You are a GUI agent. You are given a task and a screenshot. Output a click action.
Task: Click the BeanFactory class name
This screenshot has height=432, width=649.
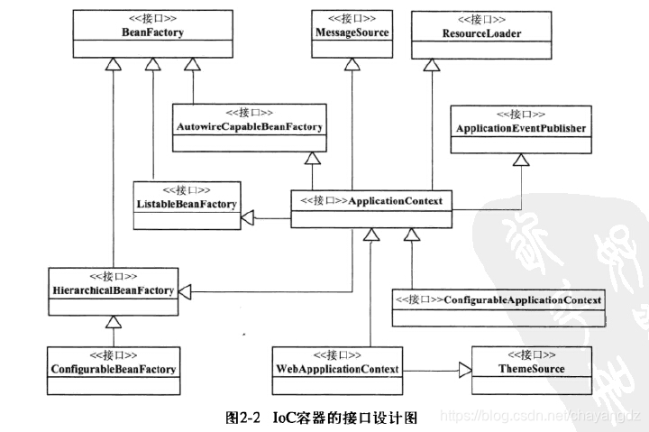click(x=152, y=32)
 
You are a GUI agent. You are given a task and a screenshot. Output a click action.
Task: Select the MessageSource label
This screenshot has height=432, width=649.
click(x=352, y=32)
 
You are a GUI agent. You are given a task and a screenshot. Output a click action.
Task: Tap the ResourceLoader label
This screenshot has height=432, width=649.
click(x=481, y=33)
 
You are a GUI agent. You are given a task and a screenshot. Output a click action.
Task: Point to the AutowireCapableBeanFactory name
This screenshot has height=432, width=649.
click(x=249, y=126)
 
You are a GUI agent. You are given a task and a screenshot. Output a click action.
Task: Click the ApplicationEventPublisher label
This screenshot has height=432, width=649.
click(x=521, y=128)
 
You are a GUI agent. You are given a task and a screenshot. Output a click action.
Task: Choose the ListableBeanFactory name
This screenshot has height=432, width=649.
click(x=187, y=204)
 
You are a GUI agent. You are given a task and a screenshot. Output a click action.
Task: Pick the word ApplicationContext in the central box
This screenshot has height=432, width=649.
click(x=396, y=201)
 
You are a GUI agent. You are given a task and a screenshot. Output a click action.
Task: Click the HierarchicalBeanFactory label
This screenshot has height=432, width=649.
click(x=114, y=290)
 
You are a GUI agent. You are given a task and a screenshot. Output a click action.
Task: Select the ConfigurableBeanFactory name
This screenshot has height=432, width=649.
click(x=114, y=369)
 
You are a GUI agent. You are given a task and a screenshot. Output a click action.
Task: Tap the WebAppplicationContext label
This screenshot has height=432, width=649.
click(x=337, y=369)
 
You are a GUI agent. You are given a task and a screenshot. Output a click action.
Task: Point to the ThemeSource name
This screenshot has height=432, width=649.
click(x=532, y=369)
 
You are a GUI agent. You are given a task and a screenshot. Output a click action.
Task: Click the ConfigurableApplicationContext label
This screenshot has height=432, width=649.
click(x=522, y=299)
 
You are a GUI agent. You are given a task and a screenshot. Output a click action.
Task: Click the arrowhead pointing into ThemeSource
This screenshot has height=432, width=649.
click(x=465, y=371)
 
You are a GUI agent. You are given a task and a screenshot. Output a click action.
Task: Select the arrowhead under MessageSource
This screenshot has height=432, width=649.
click(x=352, y=64)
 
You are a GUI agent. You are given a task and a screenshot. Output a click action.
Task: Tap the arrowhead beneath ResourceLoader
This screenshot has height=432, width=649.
click(x=432, y=65)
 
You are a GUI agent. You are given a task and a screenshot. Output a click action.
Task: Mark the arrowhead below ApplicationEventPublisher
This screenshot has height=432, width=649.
click(x=521, y=160)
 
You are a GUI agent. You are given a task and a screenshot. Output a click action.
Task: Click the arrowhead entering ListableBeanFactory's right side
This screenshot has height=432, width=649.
click(x=248, y=217)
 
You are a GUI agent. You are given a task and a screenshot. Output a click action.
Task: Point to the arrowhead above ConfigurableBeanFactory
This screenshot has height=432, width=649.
click(x=114, y=322)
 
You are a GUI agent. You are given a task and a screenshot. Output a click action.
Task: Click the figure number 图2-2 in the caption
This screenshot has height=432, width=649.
click(x=243, y=418)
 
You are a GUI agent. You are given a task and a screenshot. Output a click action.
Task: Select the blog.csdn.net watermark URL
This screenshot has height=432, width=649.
click(x=541, y=416)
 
